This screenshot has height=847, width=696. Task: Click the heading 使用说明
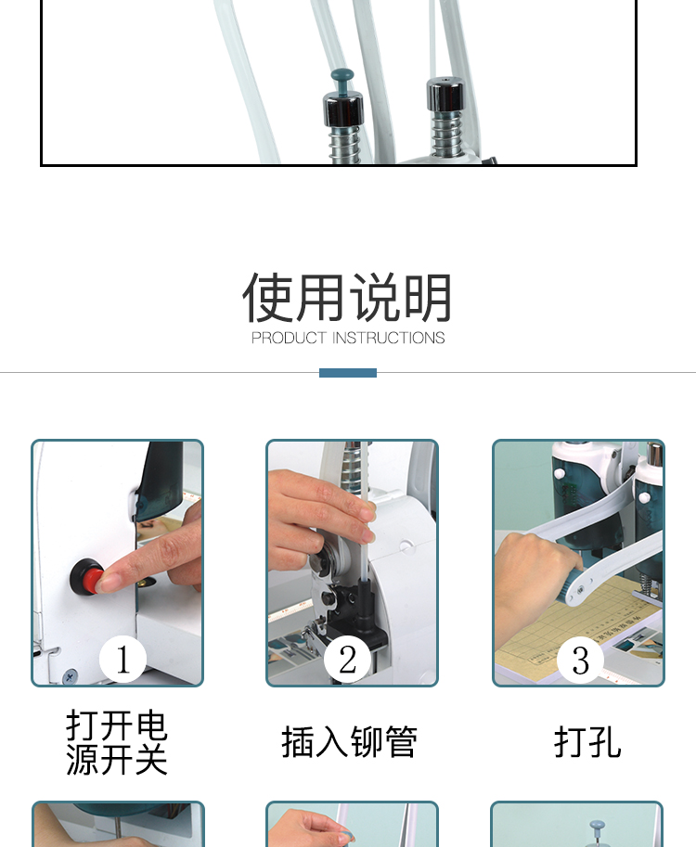coord(347,298)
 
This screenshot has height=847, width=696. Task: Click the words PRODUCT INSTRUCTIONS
coord(348,339)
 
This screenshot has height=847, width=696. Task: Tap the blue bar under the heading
coord(348,373)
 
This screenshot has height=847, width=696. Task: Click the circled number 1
coord(122,660)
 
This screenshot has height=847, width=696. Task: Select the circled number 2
coord(347,660)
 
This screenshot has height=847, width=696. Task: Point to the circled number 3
coord(580,660)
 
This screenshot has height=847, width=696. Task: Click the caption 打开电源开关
coord(117,743)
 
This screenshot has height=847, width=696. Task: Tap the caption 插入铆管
coord(349,742)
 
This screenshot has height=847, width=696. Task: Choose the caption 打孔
coord(587,742)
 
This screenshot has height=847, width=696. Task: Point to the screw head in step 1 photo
coord(71,675)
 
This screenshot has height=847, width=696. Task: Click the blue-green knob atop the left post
coord(342,80)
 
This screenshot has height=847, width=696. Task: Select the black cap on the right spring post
coord(445,95)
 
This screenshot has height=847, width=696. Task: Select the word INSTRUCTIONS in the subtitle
coord(388,339)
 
